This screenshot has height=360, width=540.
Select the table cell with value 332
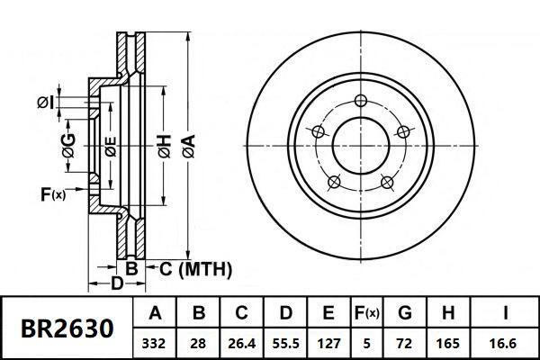(156, 343)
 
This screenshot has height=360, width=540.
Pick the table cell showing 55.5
(285, 343)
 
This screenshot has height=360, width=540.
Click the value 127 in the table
(328, 343)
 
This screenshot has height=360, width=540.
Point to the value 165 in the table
(447, 343)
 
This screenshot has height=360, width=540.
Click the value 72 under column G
(404, 343)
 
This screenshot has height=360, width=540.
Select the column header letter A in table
(156, 314)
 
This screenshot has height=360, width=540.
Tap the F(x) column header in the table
(367, 314)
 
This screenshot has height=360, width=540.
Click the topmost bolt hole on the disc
(361, 100)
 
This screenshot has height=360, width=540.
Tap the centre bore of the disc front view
(361, 143)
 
